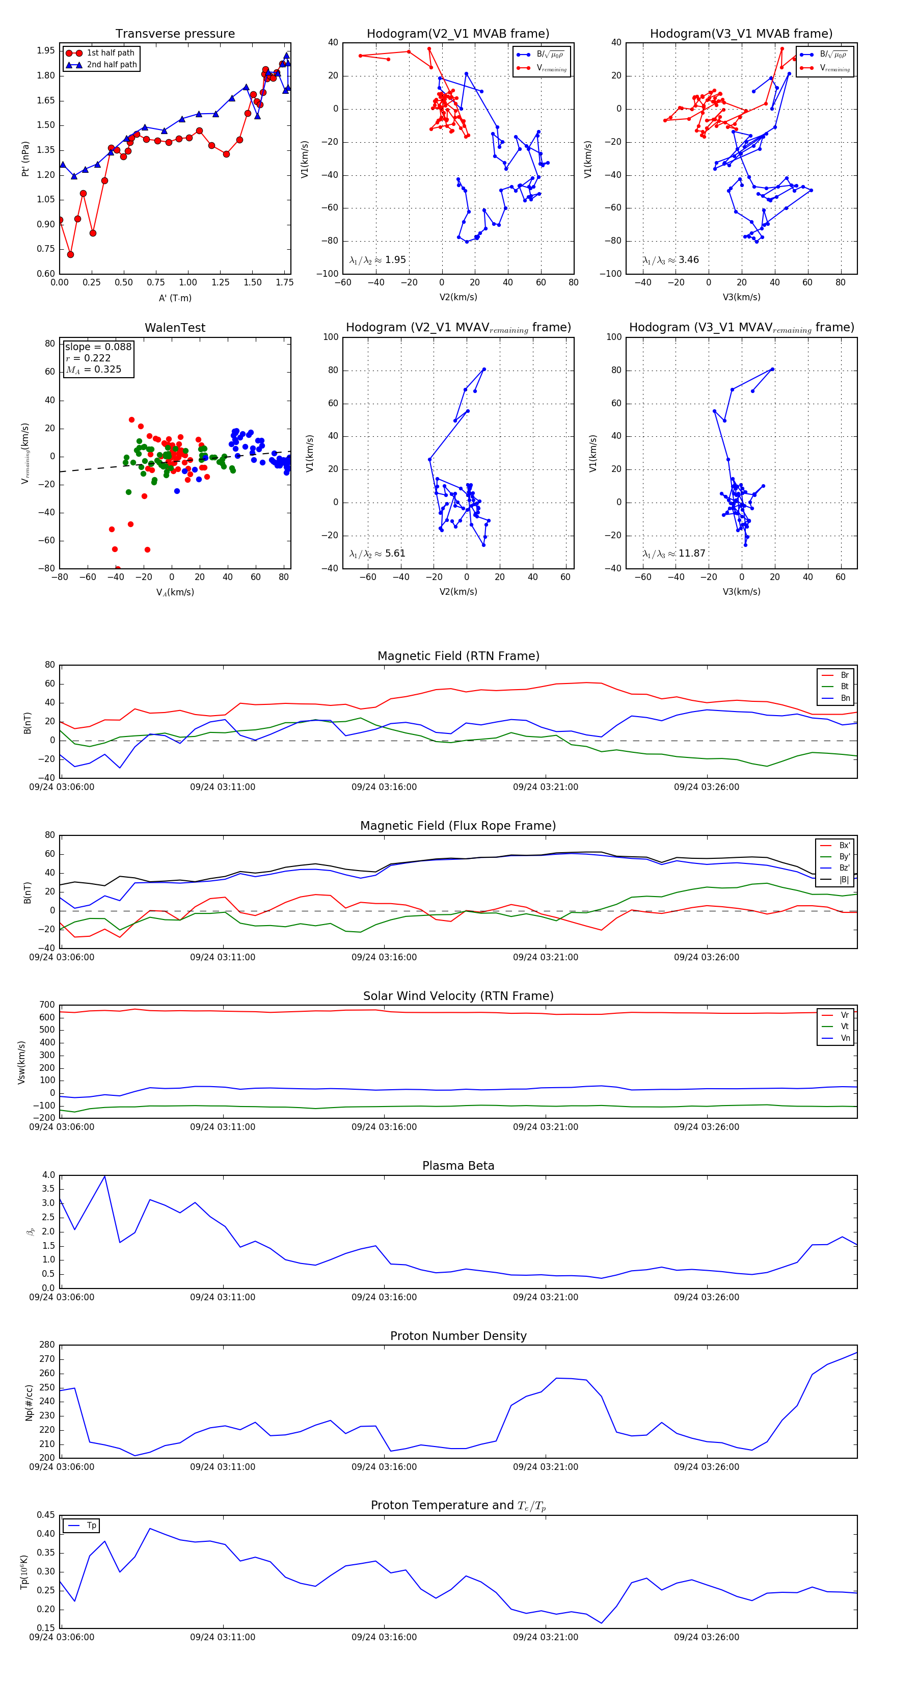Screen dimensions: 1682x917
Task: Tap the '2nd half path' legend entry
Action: coord(112,65)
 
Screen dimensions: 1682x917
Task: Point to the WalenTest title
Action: coord(175,328)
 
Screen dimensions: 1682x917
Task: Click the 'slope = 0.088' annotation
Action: coord(98,347)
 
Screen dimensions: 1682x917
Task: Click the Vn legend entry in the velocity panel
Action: coord(845,1038)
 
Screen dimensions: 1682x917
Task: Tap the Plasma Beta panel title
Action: coord(458,1166)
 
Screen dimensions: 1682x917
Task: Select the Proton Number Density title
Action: coord(458,1336)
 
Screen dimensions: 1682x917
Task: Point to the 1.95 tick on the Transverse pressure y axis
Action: coord(46,51)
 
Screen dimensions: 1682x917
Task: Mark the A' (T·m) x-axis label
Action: coord(175,298)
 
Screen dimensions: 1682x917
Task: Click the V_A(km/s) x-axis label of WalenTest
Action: coord(175,592)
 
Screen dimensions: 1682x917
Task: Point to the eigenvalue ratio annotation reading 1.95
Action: coord(378,260)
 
